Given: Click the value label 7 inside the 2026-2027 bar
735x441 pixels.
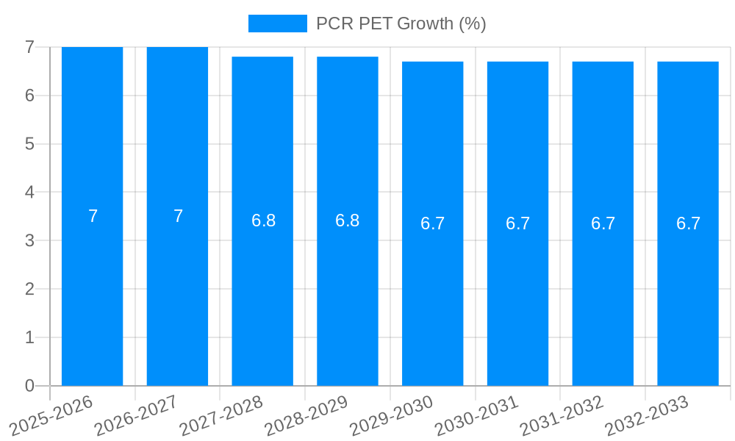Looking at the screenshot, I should click(x=178, y=216).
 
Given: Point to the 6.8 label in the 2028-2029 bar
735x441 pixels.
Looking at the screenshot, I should click(x=348, y=220).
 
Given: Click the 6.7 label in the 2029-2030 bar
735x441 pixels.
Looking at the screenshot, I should click(x=433, y=223).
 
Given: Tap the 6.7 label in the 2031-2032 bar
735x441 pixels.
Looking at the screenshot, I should click(x=603, y=223).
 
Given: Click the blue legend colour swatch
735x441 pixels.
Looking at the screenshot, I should click(x=277, y=24).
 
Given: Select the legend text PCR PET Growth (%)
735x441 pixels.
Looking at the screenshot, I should click(x=401, y=24).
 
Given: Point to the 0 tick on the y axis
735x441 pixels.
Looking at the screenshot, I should click(x=29, y=386).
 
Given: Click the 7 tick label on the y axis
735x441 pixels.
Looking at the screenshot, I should click(x=29, y=47).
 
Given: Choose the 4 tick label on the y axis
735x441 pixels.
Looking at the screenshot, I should click(x=29, y=192).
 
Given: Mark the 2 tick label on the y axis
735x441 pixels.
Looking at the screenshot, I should click(x=29, y=289).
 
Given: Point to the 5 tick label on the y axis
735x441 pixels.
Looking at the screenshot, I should click(x=29, y=144).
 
